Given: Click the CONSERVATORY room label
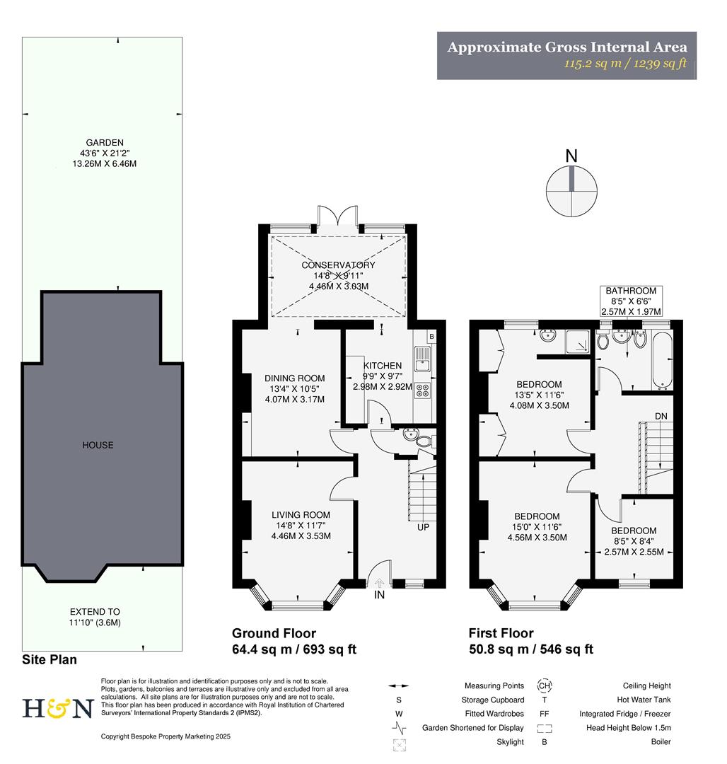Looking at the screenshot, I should pyautogui.click(x=338, y=265).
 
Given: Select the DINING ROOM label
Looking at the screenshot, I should pyautogui.click(x=295, y=378).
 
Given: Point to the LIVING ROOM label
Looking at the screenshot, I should pyautogui.click(x=303, y=515).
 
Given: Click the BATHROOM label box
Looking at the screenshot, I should pyautogui.click(x=630, y=301).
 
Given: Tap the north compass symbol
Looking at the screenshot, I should pyautogui.click(x=571, y=190).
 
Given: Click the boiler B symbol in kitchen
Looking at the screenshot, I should pyautogui.click(x=431, y=335).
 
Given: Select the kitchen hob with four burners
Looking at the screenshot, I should pyautogui.click(x=422, y=390).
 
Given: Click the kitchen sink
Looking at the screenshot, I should pyautogui.click(x=421, y=363).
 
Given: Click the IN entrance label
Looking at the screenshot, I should pyautogui.click(x=380, y=597).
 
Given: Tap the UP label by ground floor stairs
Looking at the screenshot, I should pyautogui.click(x=423, y=527).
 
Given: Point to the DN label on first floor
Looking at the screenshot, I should pyautogui.click(x=661, y=416).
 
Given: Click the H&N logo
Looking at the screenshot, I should pyautogui.click(x=58, y=708).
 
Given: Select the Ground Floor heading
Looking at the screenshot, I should pyautogui.click(x=274, y=634).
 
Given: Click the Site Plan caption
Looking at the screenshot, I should pyautogui.click(x=50, y=659).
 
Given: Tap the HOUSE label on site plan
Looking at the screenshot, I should pyautogui.click(x=98, y=445).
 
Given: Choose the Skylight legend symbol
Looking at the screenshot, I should pyautogui.click(x=400, y=743).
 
